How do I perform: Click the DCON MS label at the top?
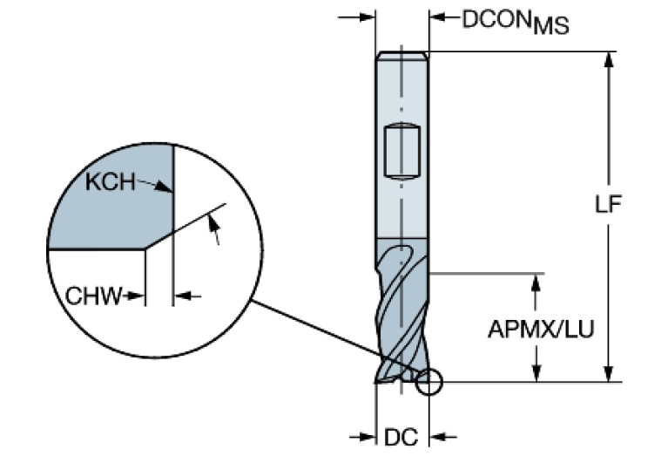click(514, 22)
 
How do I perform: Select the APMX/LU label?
click(540, 330)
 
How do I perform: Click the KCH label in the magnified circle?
click(111, 182)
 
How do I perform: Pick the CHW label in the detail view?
click(93, 295)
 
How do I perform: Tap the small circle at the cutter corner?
click(429, 381)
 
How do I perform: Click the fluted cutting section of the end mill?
click(401, 314)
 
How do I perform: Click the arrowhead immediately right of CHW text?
click(135, 296)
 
